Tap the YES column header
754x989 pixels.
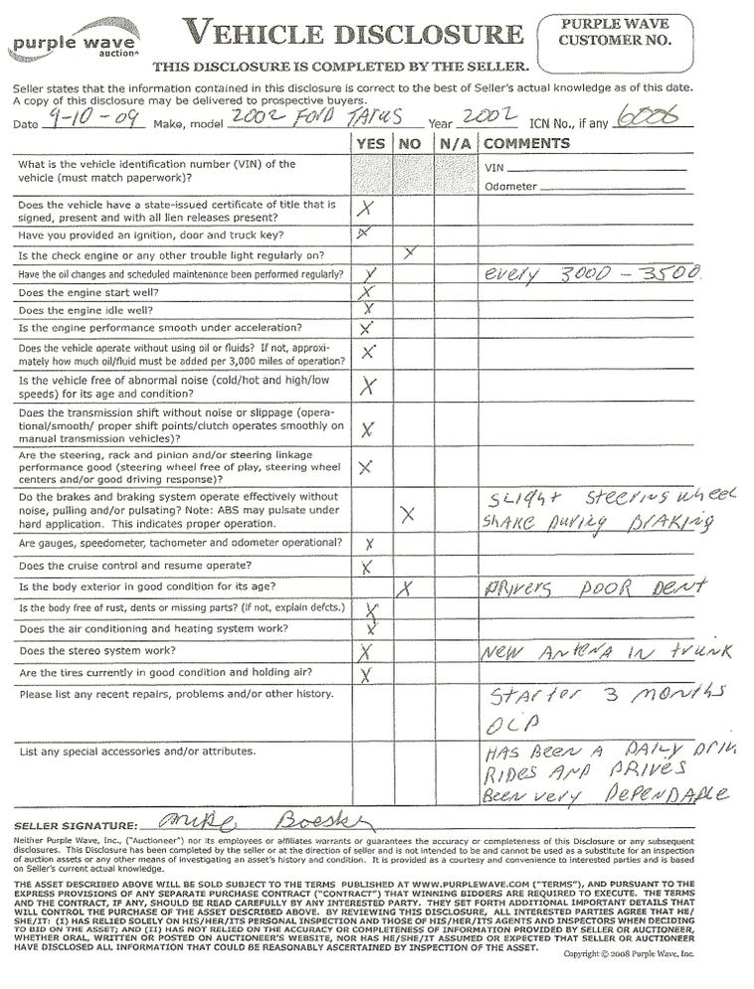[x=369, y=143]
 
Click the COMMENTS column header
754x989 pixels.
[x=527, y=143]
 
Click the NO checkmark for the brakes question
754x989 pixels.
[x=407, y=513]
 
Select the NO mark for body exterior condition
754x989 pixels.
[x=404, y=588]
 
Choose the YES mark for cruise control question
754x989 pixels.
[x=367, y=568]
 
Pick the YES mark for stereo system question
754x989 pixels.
[x=365, y=652]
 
